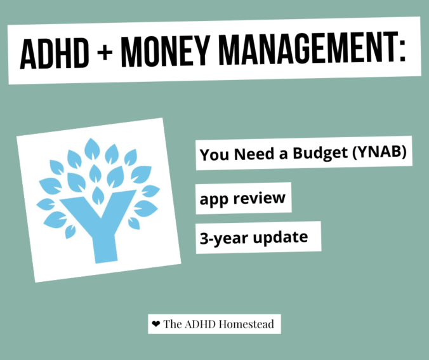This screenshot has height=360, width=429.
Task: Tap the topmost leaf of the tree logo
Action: pyautogui.click(x=93, y=148)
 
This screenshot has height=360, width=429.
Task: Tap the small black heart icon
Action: pyautogui.click(x=156, y=324)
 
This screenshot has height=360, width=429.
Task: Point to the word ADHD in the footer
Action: pyautogui.click(x=199, y=324)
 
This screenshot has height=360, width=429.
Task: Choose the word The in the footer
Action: pyautogui.click(x=173, y=324)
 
